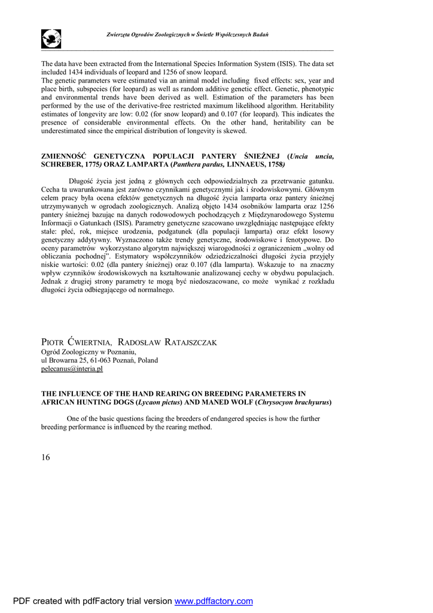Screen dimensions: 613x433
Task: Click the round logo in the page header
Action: coord(51,39)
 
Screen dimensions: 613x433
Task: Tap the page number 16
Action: coord(46,457)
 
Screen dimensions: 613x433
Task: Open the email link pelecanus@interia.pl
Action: coord(72,369)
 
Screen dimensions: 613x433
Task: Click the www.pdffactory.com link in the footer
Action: coord(214,601)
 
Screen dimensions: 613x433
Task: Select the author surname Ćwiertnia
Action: coord(92,342)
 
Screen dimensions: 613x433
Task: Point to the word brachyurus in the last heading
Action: coord(309,402)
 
